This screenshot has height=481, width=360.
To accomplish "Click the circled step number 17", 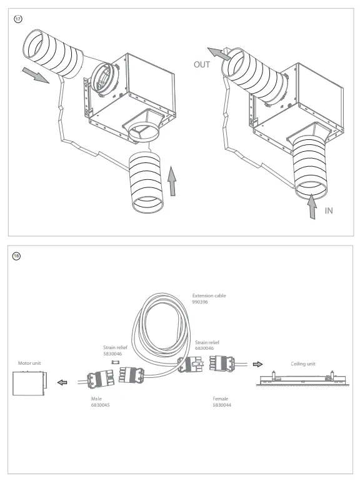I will click(18, 20).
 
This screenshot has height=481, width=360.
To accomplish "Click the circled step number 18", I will click(18, 256).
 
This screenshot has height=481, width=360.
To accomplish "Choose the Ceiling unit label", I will click(303, 363).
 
